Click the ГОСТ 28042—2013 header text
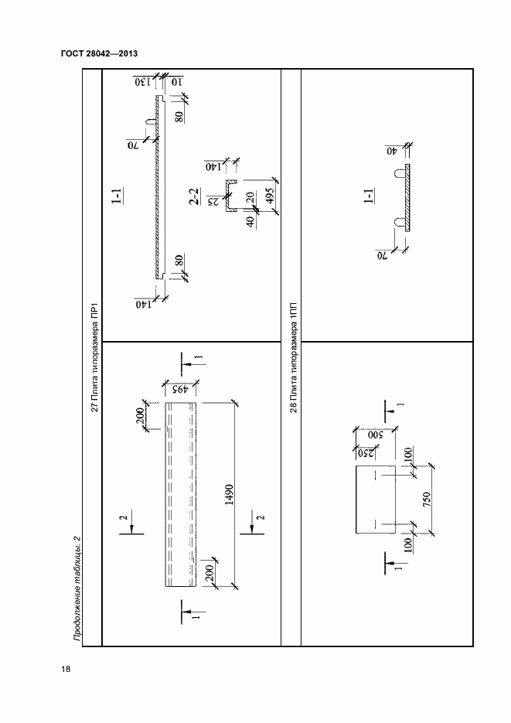(99, 53)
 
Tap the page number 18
(66, 669)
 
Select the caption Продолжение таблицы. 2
(77, 588)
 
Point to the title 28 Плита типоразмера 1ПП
(294, 358)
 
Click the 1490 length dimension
(229, 494)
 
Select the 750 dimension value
(426, 500)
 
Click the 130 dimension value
(143, 82)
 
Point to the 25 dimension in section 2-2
(213, 202)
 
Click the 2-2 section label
(194, 196)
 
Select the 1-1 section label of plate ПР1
(118, 196)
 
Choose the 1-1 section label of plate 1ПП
(369, 196)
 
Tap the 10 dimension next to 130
(177, 82)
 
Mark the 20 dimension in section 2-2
(249, 197)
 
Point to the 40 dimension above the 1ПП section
(392, 151)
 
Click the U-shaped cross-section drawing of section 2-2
(230, 196)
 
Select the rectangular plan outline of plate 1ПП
(376, 500)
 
